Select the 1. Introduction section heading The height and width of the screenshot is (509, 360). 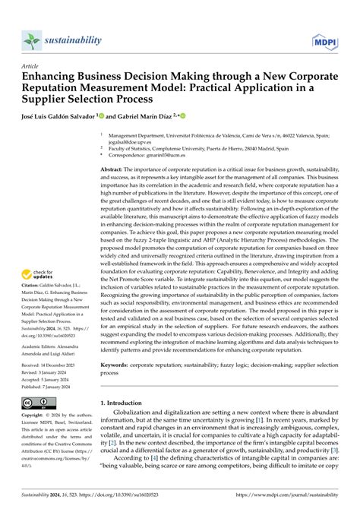click(x=126, y=422)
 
